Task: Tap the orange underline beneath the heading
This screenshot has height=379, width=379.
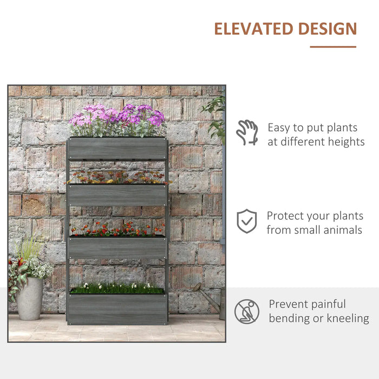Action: [333, 47]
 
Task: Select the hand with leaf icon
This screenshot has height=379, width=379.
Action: [247, 133]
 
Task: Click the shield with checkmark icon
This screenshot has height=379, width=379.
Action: [247, 221]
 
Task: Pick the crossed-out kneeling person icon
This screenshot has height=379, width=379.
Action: [247, 311]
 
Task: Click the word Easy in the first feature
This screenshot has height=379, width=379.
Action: [279, 128]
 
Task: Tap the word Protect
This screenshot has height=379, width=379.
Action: [286, 215]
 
